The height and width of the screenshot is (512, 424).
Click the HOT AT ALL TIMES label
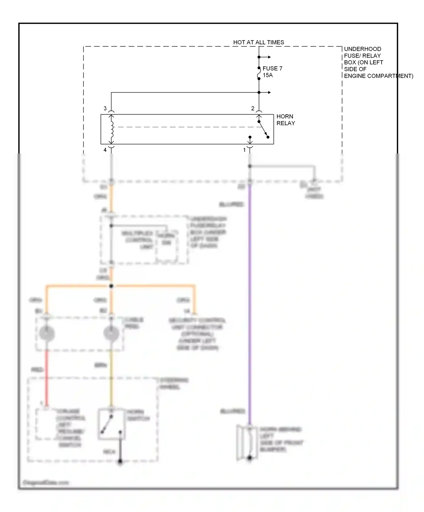pos(258,42)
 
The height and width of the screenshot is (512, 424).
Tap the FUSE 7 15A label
pos(272,72)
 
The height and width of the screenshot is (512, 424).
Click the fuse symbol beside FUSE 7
pos(259,73)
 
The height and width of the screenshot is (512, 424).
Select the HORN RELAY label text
pos(285,120)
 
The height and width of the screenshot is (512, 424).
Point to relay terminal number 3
pos(105,108)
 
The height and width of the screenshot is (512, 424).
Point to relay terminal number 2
pos(253,108)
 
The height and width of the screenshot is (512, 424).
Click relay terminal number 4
pos(105,150)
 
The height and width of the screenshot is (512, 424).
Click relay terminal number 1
pos(245,150)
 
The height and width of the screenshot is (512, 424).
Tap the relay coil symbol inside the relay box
pos(112,129)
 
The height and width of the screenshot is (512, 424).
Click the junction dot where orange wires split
pos(111,286)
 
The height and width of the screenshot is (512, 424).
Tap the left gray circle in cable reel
pos(47,333)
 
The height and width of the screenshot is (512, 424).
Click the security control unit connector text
pos(197,334)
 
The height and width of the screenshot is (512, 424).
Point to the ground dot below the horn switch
pos(120,461)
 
